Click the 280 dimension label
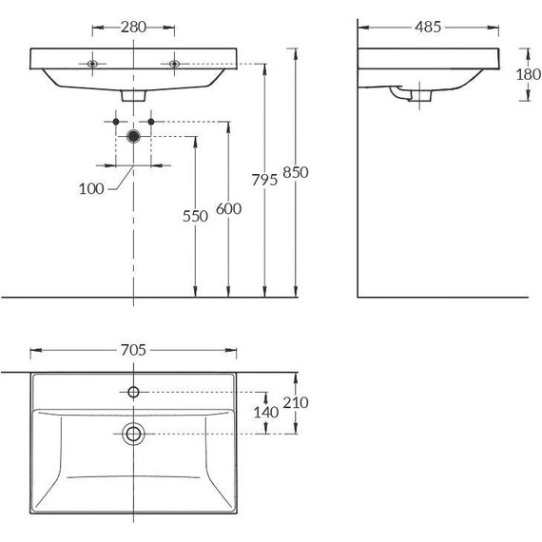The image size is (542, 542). point(133,27)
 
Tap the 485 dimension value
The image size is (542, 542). point(428,27)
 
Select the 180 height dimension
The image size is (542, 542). point(529,74)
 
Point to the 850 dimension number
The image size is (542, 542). point(296,172)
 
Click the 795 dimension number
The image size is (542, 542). point(264,180)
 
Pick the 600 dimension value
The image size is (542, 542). point(228,209)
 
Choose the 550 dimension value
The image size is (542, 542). point(195,217)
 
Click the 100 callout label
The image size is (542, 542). point(91,189)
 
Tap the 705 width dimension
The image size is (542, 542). point(133,350)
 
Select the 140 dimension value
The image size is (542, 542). point(266,413)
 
